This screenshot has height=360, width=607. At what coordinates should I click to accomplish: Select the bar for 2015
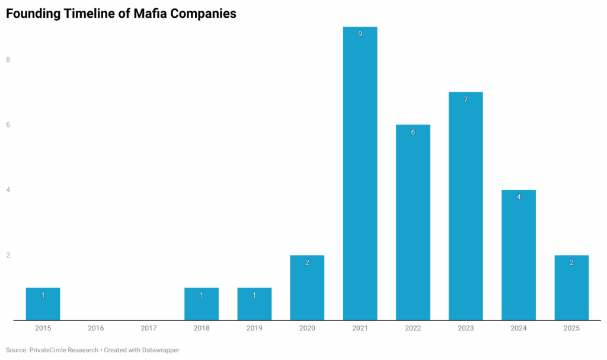(43, 304)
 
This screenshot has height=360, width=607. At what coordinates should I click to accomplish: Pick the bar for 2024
(519, 255)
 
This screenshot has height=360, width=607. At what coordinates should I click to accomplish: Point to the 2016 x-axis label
(96, 328)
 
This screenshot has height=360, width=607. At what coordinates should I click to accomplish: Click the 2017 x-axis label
(149, 328)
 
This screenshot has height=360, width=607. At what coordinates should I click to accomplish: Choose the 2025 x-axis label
(571, 328)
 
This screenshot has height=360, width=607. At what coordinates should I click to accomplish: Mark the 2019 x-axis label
(254, 328)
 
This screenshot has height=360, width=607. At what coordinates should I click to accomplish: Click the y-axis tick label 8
(8, 59)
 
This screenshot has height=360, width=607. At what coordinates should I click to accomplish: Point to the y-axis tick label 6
(8, 125)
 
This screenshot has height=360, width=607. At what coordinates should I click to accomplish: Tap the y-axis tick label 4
(8, 190)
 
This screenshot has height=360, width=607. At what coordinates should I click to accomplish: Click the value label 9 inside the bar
(360, 34)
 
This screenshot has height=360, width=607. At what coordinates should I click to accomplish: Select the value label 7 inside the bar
(465, 100)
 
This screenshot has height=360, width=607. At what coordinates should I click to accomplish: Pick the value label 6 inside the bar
(413, 132)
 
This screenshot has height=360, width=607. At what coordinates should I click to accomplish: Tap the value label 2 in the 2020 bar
(307, 262)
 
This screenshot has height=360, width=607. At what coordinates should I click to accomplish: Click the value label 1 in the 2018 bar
(202, 295)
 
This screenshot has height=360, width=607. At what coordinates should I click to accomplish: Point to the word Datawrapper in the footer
(159, 350)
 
